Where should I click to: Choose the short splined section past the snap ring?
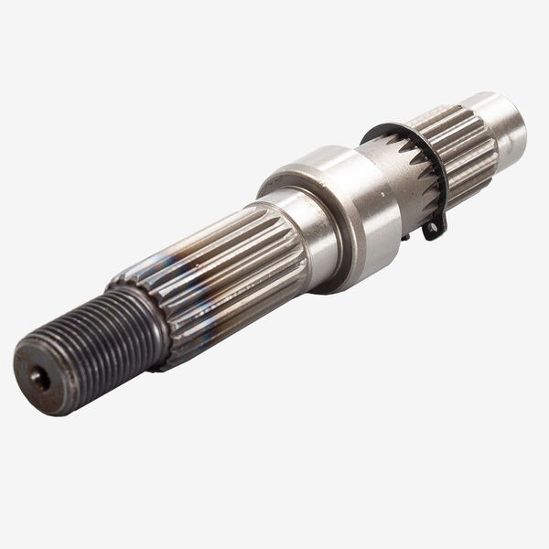tap(462, 146)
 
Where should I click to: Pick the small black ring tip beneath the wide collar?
tap(404, 237)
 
